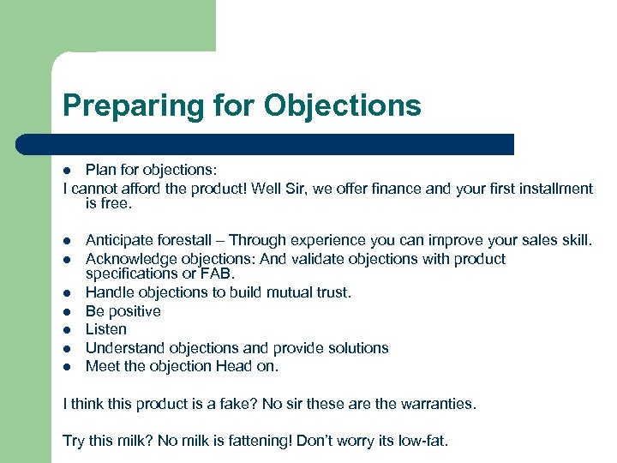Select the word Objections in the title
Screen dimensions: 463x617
click(343, 105)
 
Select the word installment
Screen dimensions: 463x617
click(554, 189)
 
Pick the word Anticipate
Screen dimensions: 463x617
click(118, 241)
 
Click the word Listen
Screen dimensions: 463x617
click(106, 329)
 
